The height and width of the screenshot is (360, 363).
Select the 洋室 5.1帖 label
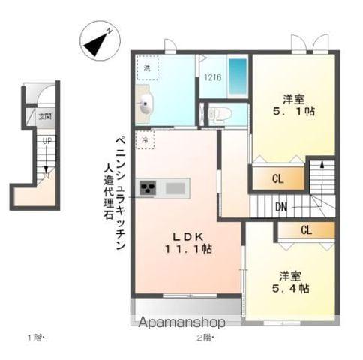[x=293, y=105]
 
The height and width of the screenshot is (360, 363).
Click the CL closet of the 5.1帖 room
[x=277, y=178]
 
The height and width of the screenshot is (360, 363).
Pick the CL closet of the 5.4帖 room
[x=306, y=230]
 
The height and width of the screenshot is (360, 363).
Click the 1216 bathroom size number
[x=213, y=76]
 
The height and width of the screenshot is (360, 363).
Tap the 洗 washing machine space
[x=147, y=69]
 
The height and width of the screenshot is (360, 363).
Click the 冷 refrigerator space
[x=145, y=139]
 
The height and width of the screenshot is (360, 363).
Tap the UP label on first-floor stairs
[x=46, y=140]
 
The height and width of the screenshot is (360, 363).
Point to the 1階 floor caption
[x=37, y=337]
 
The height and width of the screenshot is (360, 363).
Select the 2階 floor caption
[x=205, y=337]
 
